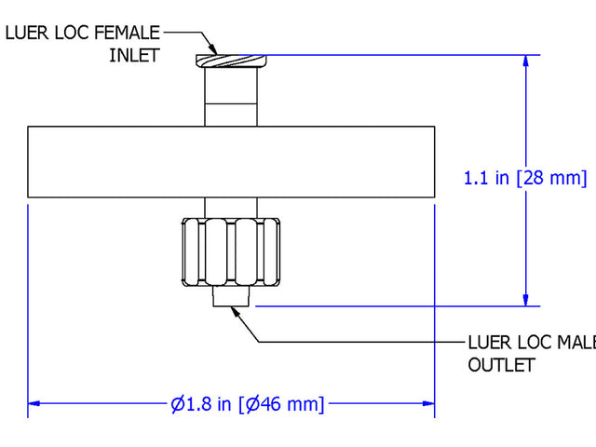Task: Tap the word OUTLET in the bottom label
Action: (x=500, y=364)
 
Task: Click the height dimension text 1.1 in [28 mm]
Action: (x=525, y=177)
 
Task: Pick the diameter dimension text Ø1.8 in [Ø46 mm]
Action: (x=248, y=404)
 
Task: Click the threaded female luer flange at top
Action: (x=231, y=61)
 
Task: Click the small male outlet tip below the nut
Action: (x=231, y=296)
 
